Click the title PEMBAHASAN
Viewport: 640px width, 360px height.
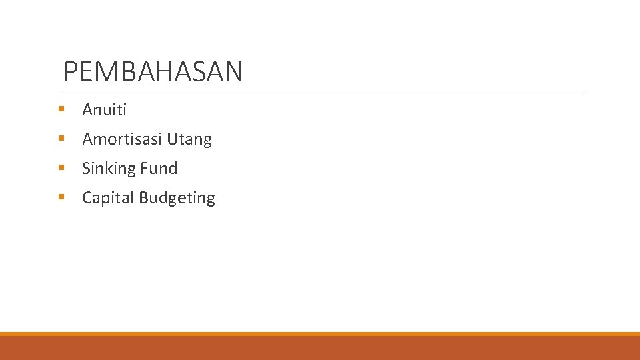(153, 72)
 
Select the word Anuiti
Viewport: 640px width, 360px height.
(104, 110)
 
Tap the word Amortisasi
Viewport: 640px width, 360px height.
(122, 139)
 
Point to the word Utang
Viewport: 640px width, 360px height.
(189, 140)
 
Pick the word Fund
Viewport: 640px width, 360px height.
(159, 169)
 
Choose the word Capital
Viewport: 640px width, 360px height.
(106, 198)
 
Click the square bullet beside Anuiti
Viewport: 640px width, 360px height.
(61, 109)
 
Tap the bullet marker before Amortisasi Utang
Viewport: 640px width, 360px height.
(61, 138)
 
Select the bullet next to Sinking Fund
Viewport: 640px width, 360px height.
(61, 167)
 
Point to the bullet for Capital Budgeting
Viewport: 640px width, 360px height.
(61, 197)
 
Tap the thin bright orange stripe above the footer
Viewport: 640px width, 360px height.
(320, 334)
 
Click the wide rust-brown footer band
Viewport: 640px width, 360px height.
(320, 348)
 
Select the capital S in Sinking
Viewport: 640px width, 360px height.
(87, 169)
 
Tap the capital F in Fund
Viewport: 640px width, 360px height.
(145, 169)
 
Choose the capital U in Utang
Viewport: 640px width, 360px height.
(172, 139)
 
